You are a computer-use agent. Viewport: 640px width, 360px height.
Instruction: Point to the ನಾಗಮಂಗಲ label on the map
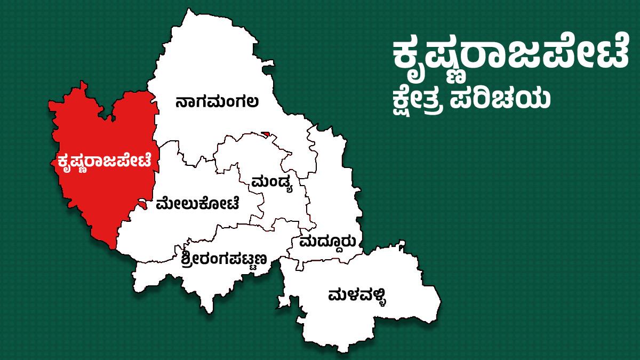(x=217, y=101)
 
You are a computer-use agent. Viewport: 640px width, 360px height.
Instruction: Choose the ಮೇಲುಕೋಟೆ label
(x=197, y=203)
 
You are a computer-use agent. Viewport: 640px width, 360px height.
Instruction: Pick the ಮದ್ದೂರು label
(x=327, y=242)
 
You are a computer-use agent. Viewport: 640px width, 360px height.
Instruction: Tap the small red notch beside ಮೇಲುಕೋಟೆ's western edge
(x=142, y=202)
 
